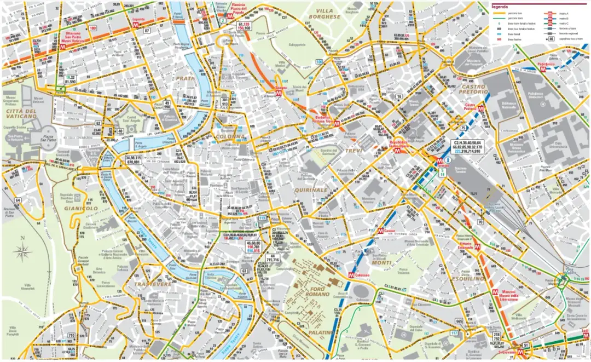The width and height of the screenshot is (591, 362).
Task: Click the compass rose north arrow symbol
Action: (x=22, y=251)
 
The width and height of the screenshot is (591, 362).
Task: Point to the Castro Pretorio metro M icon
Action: (x=480, y=109)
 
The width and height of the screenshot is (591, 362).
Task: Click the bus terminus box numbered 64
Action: (x=18, y=200)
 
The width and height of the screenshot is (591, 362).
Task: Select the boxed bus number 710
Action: (x=71, y=336)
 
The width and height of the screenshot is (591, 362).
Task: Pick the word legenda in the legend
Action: (x=500, y=6)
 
